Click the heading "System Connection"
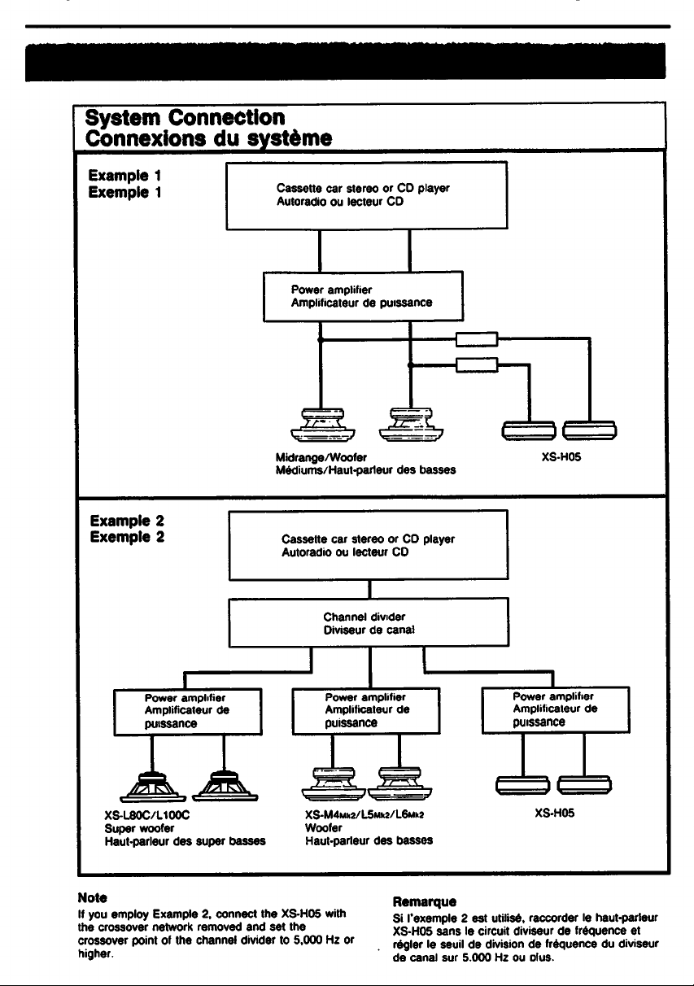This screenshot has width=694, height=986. (x=185, y=117)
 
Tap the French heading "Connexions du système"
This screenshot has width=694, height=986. (x=208, y=138)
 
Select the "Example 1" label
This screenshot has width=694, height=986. (x=124, y=176)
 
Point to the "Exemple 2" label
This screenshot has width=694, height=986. (x=127, y=537)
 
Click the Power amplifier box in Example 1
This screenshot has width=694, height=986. (x=363, y=296)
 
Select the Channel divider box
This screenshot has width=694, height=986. (x=369, y=622)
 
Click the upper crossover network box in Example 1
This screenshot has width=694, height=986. (x=477, y=339)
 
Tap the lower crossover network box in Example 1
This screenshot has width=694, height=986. (x=477, y=365)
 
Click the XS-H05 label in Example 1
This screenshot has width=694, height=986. (x=561, y=457)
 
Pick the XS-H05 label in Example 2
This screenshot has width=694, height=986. (x=555, y=813)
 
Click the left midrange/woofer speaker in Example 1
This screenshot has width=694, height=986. (x=323, y=425)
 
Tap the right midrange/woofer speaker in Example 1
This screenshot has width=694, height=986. (x=411, y=425)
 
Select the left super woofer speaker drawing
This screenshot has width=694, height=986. (x=153, y=787)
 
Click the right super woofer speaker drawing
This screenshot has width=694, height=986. (x=225, y=786)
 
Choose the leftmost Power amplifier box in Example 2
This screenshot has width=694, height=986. (x=188, y=712)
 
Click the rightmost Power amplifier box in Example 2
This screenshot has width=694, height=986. (x=556, y=710)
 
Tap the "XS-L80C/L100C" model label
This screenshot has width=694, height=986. (x=147, y=815)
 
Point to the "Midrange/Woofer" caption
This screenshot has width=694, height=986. (x=321, y=457)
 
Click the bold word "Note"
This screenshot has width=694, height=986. (x=93, y=897)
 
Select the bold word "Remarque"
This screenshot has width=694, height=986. (x=424, y=902)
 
